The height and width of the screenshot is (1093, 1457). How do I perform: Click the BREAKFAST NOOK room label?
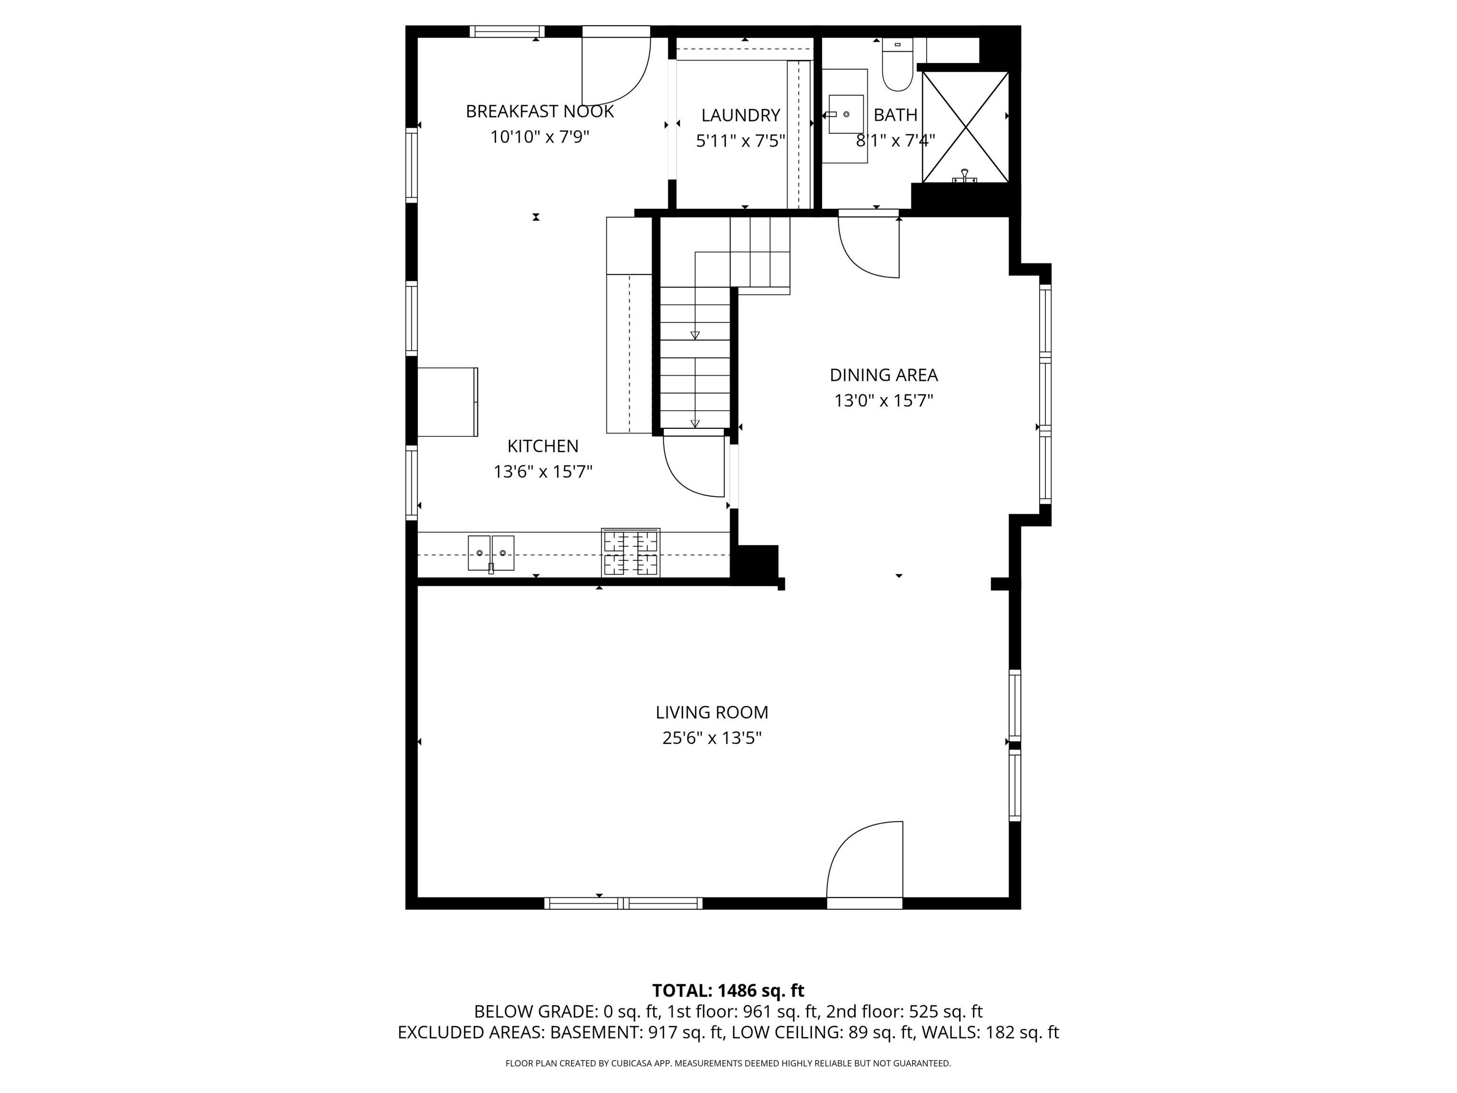tap(539, 111)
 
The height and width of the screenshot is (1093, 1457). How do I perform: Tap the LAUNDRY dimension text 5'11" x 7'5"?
tap(740, 141)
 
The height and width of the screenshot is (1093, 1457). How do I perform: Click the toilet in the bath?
tap(897, 66)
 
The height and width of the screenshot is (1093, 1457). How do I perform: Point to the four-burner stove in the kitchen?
tap(630, 553)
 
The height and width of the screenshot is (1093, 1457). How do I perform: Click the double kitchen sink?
tap(491, 553)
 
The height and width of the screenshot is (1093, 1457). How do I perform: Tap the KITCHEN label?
tap(543, 446)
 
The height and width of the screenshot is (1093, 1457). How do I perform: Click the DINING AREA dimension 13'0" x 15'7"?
tap(883, 400)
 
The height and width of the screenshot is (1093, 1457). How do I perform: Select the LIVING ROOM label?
tap(711, 712)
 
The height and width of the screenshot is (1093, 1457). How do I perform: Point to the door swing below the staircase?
tap(693, 464)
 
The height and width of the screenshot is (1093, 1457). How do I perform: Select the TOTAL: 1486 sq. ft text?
tap(728, 990)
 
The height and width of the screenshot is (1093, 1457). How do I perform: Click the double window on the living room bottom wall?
tap(623, 903)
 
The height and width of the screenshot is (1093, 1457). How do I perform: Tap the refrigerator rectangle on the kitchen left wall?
tap(447, 402)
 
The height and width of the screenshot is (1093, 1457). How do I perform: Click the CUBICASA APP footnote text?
tap(728, 1064)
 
